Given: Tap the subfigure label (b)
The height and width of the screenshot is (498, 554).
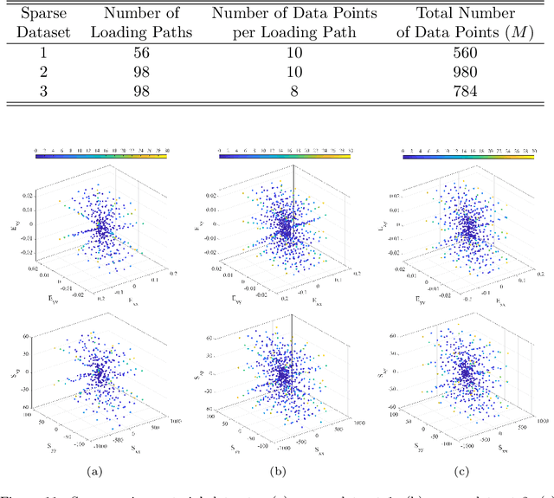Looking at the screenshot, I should [x=277, y=471].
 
